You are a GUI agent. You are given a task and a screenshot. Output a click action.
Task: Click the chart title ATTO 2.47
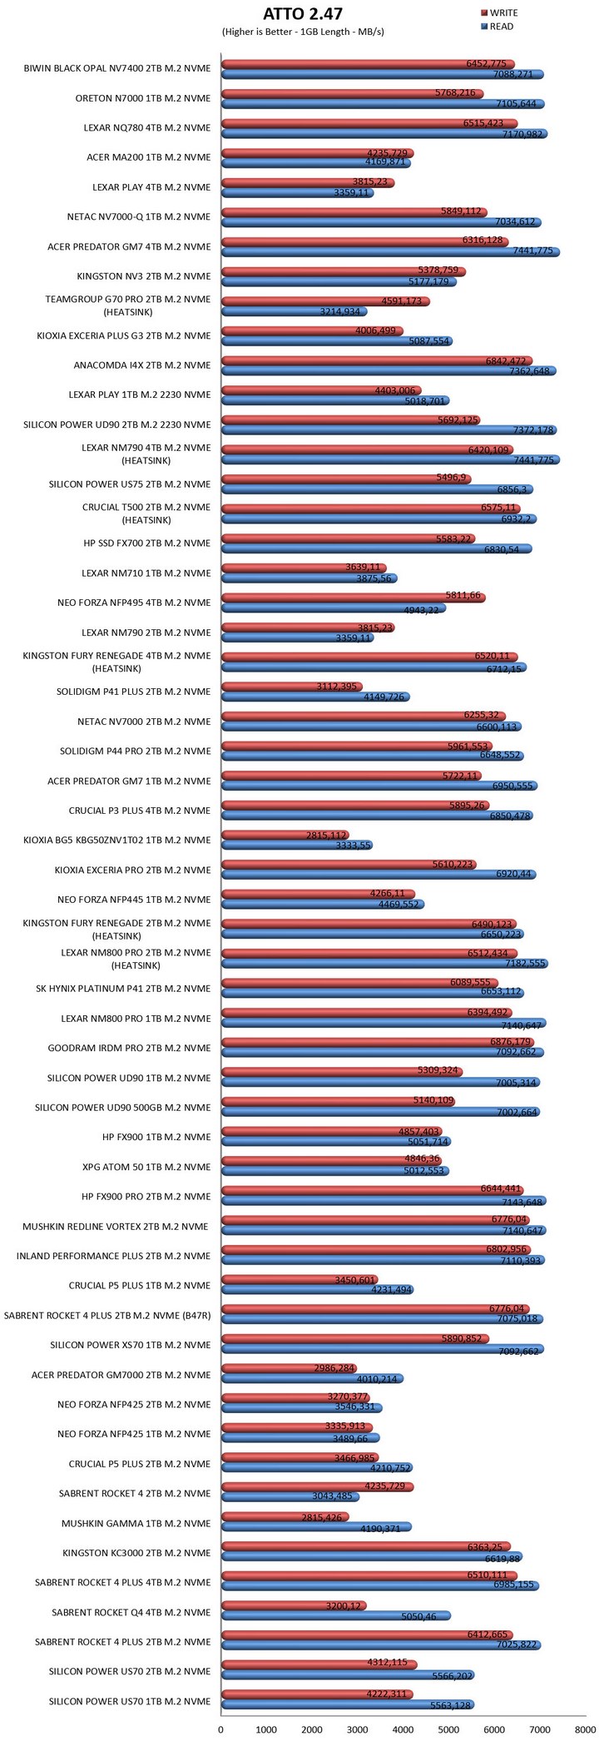click(x=302, y=13)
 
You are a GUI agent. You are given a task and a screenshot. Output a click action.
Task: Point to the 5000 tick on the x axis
click(x=449, y=1729)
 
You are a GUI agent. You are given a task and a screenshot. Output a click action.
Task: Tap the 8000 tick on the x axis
click(x=586, y=1729)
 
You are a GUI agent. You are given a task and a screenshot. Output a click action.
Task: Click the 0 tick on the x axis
click(x=220, y=1729)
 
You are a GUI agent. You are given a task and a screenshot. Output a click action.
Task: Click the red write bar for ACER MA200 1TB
click(x=317, y=153)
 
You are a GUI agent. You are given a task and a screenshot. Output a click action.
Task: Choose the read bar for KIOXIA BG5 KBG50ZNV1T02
click(x=296, y=846)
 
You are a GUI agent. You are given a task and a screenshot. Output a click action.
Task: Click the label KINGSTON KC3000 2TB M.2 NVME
click(x=136, y=1553)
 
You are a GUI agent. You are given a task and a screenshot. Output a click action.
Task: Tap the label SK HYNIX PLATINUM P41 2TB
click(x=123, y=989)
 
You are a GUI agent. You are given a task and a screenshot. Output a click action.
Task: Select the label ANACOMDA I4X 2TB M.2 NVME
click(x=142, y=365)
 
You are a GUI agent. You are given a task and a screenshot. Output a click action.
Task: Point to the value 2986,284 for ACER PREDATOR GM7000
click(x=334, y=1369)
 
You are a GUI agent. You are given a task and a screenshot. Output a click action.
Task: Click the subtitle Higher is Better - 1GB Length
click(x=302, y=32)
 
